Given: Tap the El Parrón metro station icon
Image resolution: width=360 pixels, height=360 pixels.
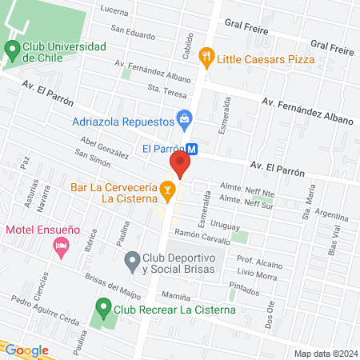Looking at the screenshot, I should coord(193,148).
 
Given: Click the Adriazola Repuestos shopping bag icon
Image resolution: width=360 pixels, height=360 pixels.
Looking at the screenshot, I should coord(185,121).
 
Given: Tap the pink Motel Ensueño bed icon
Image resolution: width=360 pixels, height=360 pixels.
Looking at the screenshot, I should coord(60,250).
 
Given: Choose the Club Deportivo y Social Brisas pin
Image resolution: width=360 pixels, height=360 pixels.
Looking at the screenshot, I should coord(132,261).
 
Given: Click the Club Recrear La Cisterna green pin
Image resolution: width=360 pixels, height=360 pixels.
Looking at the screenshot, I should coord(102,306).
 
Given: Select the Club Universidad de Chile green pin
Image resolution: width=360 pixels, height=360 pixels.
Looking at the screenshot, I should coord(12,49).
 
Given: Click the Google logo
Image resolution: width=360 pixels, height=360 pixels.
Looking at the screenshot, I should coord(26,350).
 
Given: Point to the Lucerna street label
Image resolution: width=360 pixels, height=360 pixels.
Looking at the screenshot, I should coord(114,11).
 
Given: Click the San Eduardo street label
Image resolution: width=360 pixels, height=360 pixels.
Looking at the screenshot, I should coord(133,33).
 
